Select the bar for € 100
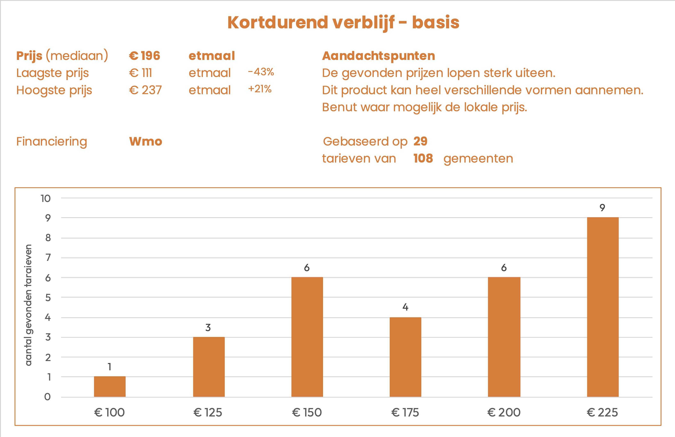110,386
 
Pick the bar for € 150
307,337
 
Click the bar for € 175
405,357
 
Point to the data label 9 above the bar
602,208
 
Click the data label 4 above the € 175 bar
405,307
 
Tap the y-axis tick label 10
46,198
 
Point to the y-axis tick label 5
48,298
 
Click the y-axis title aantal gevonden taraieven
29,305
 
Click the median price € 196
145,56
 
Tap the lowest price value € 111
141,73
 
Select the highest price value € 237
145,90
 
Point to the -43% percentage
261,72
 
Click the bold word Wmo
145,141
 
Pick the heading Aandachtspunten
378,56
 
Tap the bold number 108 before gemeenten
423,158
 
